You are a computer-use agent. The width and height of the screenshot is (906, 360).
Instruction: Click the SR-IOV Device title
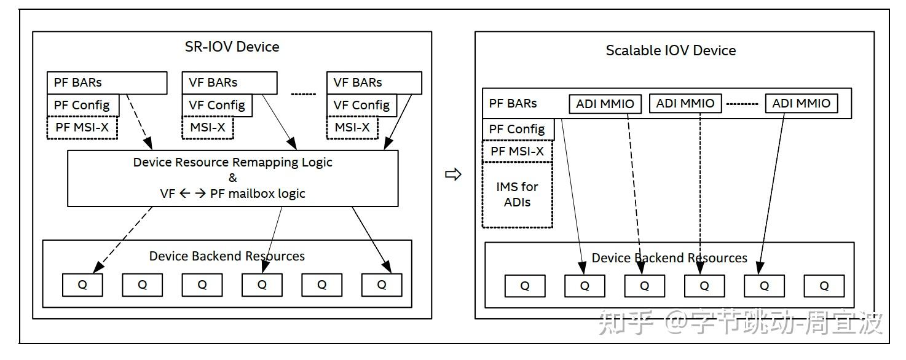232,47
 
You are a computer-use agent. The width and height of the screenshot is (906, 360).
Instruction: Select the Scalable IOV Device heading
671,50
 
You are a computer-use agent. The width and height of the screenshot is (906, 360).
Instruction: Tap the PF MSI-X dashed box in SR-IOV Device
82,128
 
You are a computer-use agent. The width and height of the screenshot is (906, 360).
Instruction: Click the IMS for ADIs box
518,195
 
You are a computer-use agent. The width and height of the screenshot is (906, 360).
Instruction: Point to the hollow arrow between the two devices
453,174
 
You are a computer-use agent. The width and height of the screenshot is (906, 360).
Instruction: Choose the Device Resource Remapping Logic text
232,162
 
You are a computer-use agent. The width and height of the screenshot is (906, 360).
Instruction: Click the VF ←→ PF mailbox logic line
232,194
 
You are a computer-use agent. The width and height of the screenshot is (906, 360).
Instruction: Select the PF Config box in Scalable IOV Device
518,129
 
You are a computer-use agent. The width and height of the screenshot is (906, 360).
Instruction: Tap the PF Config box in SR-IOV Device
83,106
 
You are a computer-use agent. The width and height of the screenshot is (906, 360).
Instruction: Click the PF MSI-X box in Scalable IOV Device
518,152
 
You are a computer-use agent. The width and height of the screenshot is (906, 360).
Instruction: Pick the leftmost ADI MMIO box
605,104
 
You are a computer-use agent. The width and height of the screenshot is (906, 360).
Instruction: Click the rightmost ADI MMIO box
802,103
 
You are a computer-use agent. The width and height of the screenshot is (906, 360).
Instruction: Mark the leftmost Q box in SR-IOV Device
82,285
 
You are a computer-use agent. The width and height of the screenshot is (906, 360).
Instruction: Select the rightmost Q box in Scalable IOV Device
824,286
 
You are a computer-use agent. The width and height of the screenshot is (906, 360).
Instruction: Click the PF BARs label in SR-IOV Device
77,82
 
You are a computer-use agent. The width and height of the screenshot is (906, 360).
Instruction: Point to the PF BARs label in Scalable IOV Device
513,103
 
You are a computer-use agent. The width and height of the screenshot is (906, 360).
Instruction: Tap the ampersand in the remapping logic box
232,178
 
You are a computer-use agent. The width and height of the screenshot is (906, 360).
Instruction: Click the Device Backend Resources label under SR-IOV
227,256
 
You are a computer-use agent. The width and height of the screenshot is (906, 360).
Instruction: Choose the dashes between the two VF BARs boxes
304,94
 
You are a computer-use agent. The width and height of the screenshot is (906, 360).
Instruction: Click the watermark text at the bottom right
740,323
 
